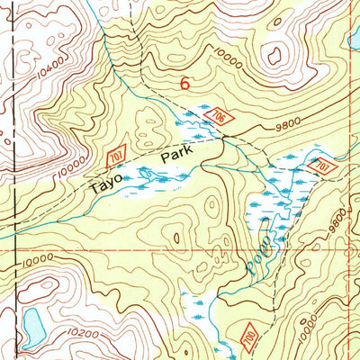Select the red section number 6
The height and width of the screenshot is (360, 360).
click(185, 84)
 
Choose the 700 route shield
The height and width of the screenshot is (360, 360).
click(249, 336)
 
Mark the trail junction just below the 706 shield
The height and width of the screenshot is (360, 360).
click(225, 138)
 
